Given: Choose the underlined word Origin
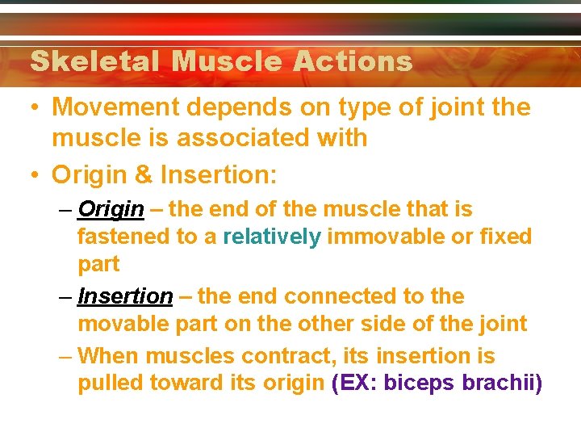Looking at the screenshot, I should (111, 210).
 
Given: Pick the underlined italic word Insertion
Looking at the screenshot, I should (125, 296).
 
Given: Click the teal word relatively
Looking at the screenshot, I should (271, 237).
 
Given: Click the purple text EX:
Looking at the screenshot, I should (355, 384).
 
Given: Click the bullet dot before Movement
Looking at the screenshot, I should (35, 107).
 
